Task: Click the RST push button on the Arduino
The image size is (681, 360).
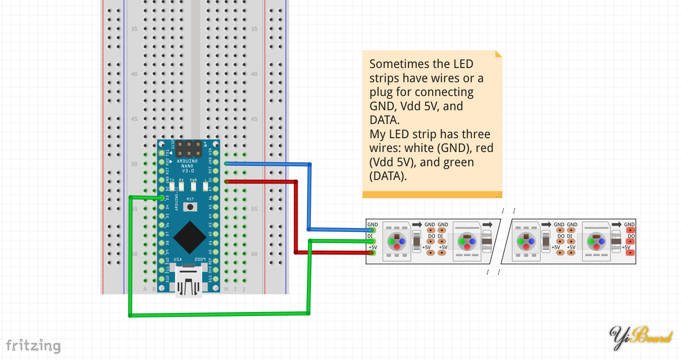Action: point(190,207)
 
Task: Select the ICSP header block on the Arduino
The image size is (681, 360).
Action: point(188,149)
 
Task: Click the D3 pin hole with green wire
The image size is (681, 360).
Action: point(162,198)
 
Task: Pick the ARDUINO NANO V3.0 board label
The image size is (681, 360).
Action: point(187,166)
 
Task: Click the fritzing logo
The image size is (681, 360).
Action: point(33,346)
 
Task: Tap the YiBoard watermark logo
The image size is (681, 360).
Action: point(640,338)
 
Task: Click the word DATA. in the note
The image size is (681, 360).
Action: point(385,120)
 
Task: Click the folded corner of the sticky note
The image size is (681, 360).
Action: point(498,54)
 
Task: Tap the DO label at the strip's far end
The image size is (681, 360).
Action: point(631,236)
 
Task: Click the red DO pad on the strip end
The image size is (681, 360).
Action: point(630,241)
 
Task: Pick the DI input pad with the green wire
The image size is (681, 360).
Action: point(372,241)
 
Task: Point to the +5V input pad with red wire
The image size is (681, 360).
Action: point(372,252)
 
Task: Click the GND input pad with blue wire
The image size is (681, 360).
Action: point(372,230)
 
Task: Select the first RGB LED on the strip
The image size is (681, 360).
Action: point(397,241)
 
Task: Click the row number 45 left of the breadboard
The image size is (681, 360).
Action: point(134,119)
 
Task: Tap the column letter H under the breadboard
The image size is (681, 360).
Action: point(226,289)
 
